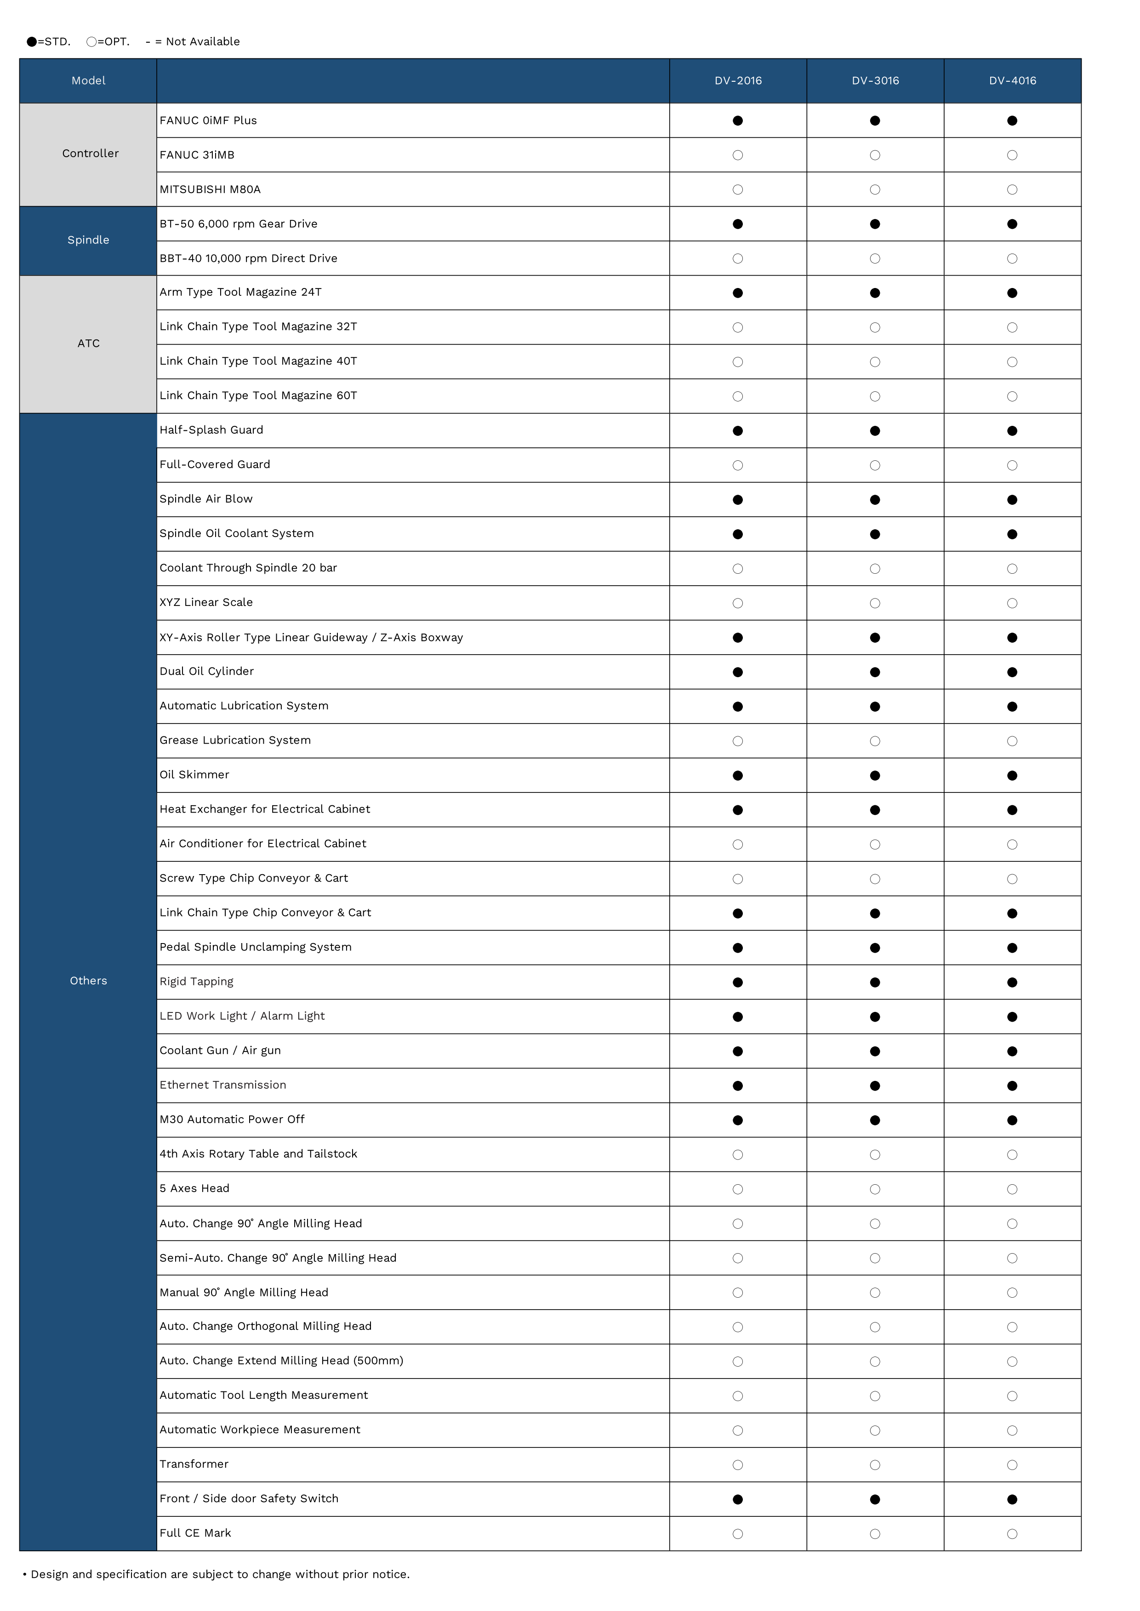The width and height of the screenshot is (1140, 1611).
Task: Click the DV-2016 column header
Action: tap(738, 81)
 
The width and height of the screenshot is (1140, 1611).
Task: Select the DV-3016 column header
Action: tap(875, 81)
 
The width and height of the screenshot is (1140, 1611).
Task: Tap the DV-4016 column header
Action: tap(1012, 81)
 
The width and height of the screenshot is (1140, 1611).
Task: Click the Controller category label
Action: tap(90, 154)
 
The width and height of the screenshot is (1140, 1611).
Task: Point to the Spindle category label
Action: tap(88, 240)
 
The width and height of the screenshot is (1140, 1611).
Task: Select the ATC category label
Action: tap(88, 343)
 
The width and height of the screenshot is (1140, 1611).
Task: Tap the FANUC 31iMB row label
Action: tap(197, 155)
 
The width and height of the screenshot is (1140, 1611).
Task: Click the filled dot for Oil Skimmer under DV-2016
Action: tap(738, 775)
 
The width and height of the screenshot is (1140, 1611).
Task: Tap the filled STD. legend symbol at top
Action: tap(32, 42)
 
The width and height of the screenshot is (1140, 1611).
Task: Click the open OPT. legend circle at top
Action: tap(91, 42)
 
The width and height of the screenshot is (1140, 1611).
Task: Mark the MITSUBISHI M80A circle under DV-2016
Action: tap(738, 189)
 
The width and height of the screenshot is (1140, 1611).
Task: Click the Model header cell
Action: tap(88, 81)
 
